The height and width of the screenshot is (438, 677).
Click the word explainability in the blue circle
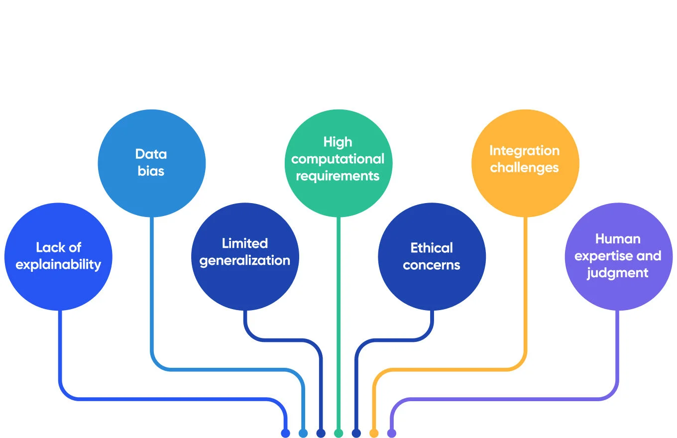pyautogui.click(x=58, y=265)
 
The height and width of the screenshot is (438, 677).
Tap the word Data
pyautogui.click(x=151, y=154)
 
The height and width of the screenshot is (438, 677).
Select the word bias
pyautogui.click(x=151, y=171)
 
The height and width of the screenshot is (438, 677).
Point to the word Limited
pyautogui.click(x=245, y=243)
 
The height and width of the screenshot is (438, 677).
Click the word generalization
pyautogui.click(x=245, y=260)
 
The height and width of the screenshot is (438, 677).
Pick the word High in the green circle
pyautogui.click(x=338, y=142)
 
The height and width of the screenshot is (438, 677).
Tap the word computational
pyautogui.click(x=338, y=159)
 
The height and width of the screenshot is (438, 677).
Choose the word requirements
pyautogui.click(x=338, y=176)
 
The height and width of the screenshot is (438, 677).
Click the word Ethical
pyautogui.click(x=432, y=248)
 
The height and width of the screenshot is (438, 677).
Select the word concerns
pyautogui.click(x=432, y=265)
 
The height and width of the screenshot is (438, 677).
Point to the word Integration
pyautogui.click(x=525, y=150)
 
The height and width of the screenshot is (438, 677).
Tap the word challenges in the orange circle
pyautogui.click(x=525, y=168)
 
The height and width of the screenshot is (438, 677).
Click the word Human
pyautogui.click(x=618, y=239)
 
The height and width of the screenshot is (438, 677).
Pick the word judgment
pyautogui.click(x=618, y=273)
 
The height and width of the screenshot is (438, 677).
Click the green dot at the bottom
pyautogui.click(x=338, y=433)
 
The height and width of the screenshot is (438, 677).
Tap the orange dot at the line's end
pyautogui.click(x=374, y=433)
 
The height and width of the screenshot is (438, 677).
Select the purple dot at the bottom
pyautogui.click(x=392, y=433)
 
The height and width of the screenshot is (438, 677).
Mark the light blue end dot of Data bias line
pyautogui.click(x=303, y=433)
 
